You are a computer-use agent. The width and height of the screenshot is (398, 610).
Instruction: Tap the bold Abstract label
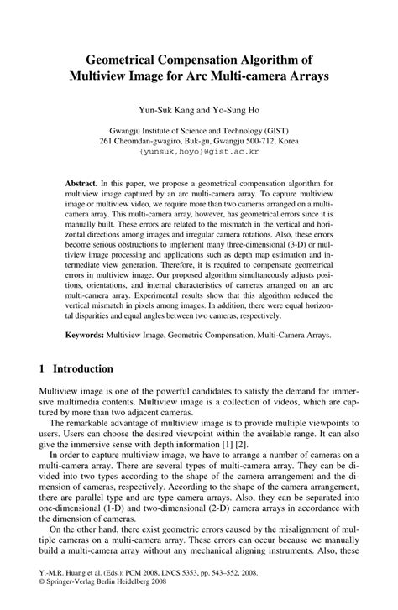pyautogui.click(x=81, y=182)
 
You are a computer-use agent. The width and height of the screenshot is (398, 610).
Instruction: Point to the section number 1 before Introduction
pyautogui.click(x=42, y=368)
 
